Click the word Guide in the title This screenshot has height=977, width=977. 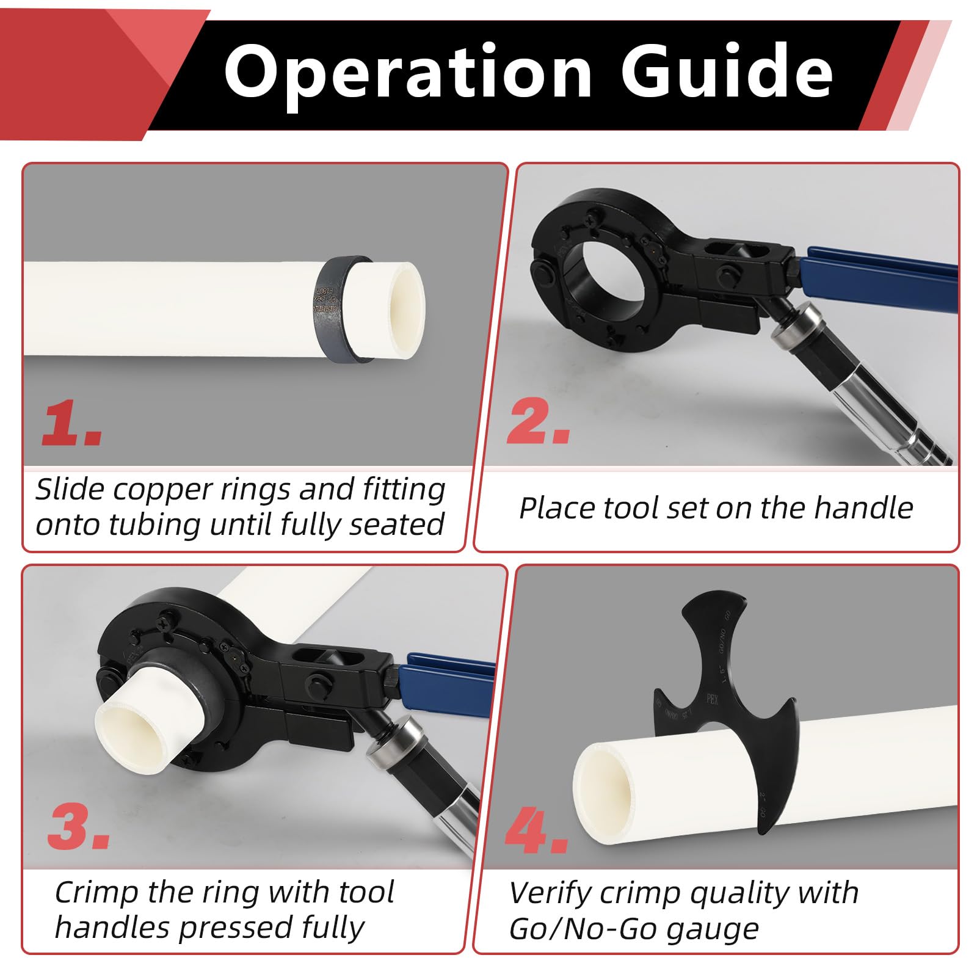point(727,71)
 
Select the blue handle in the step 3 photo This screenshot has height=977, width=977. point(446,678)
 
